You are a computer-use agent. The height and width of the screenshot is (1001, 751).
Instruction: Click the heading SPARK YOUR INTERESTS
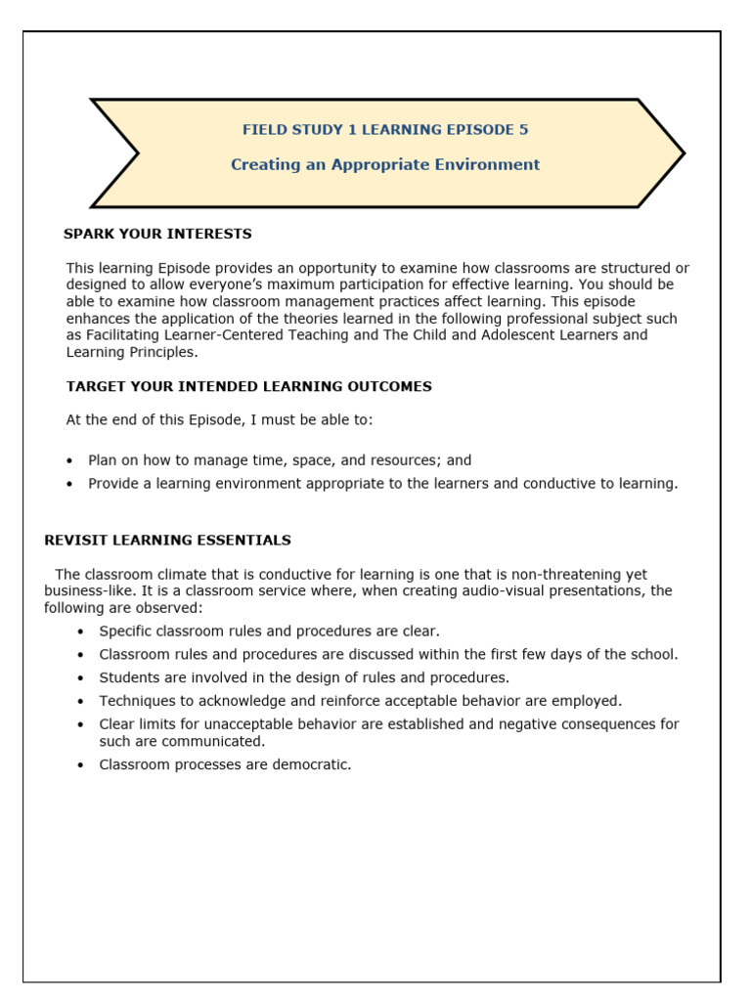(x=157, y=234)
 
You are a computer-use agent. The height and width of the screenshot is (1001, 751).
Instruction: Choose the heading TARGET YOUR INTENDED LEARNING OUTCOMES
(x=248, y=386)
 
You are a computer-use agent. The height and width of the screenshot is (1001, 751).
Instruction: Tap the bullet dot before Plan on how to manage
(x=69, y=460)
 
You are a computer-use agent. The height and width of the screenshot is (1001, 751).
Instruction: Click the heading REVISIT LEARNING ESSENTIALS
(x=167, y=540)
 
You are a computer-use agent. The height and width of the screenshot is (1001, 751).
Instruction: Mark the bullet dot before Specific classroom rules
(x=80, y=632)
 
